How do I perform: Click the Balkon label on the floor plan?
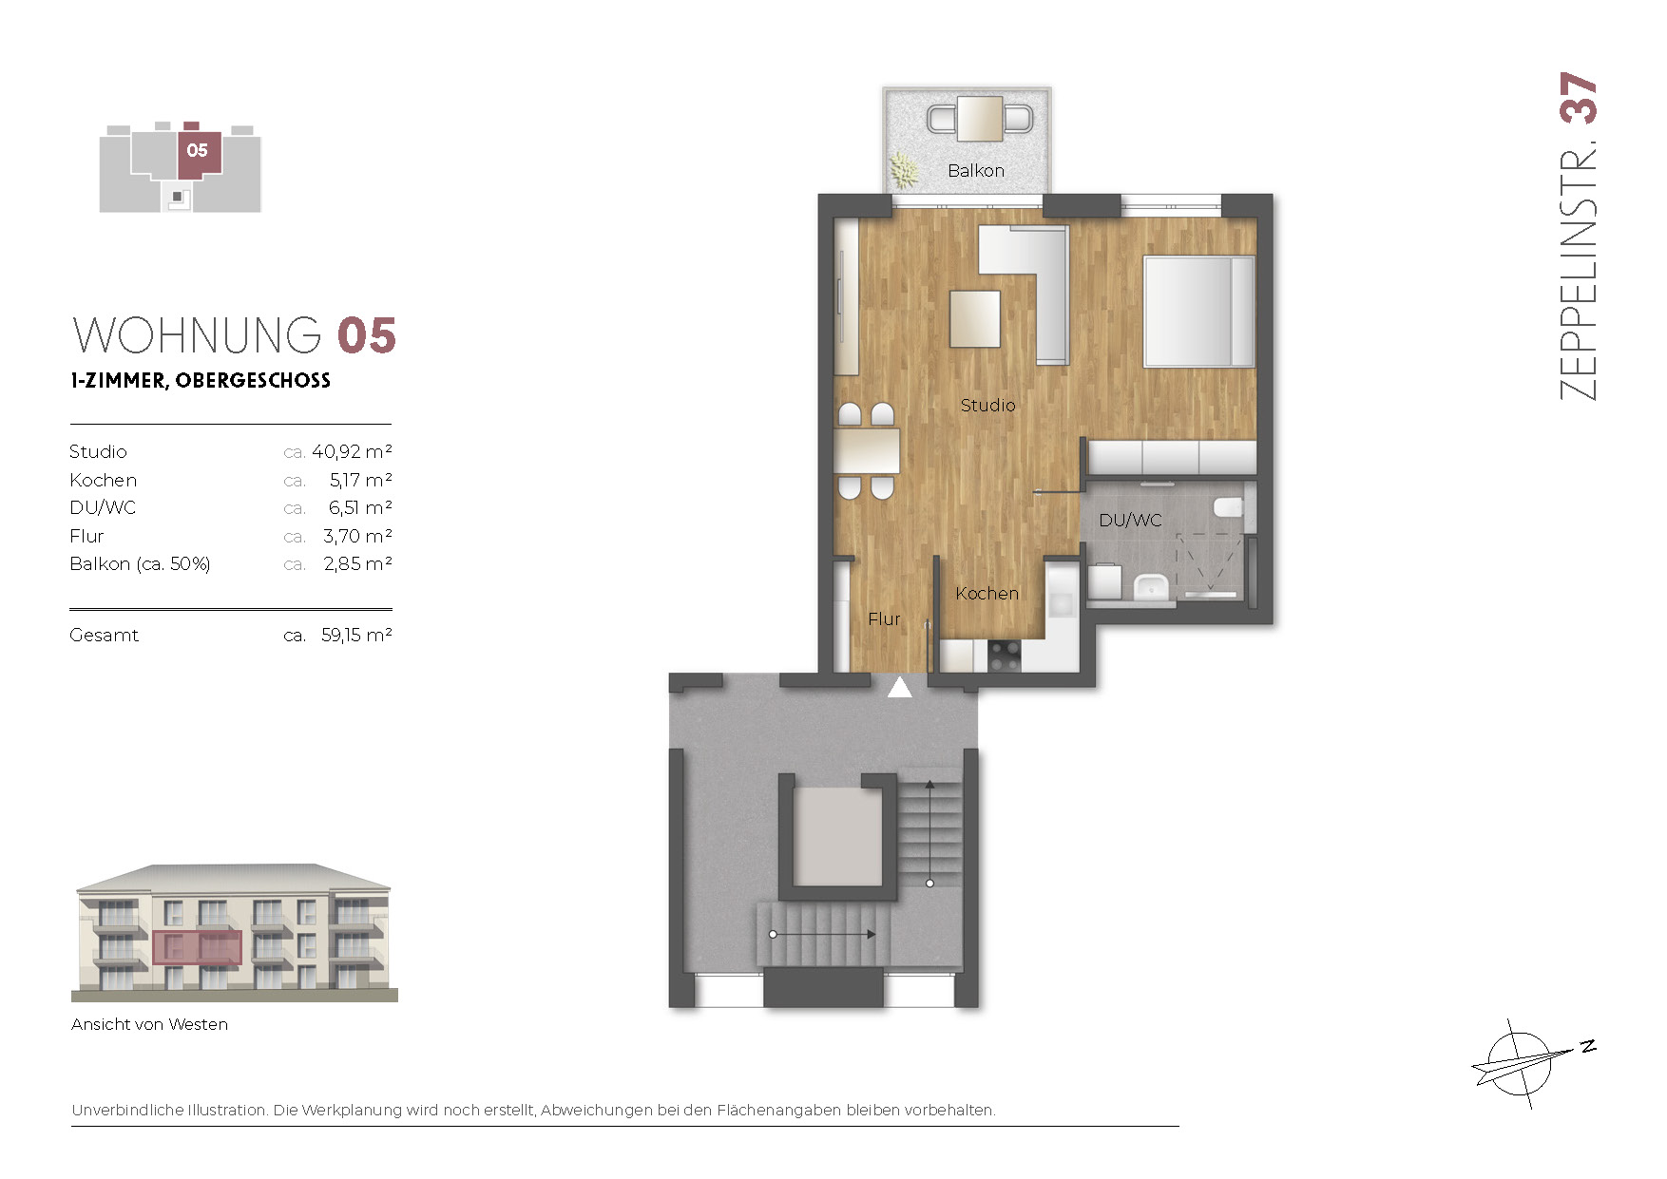(x=976, y=171)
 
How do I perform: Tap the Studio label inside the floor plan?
(x=987, y=406)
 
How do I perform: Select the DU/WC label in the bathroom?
(x=1130, y=521)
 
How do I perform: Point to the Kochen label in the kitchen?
(x=987, y=594)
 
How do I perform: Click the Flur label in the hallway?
(x=884, y=619)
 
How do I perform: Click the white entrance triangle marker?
(x=899, y=687)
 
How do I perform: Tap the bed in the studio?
(x=1199, y=311)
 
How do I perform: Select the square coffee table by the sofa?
(x=975, y=318)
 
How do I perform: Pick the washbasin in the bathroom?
(x=1151, y=587)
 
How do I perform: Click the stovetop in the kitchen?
(x=1005, y=656)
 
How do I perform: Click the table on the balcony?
(x=980, y=119)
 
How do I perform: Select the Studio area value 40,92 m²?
(x=352, y=452)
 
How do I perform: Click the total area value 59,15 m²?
(x=356, y=635)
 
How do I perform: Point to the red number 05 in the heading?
(x=367, y=336)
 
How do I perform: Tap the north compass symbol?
(x=1528, y=1063)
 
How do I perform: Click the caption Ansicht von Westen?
(x=149, y=1024)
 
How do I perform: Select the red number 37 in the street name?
(x=1579, y=98)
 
